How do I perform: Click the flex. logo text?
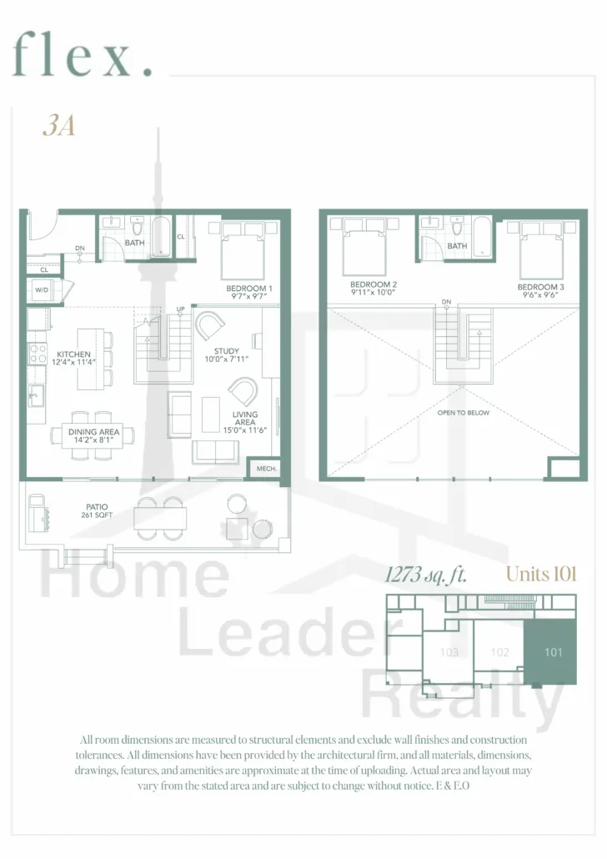coord(83,54)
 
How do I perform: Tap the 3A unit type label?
coord(58,126)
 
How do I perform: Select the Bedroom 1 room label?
coord(249,289)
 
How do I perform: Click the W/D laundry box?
coord(42,289)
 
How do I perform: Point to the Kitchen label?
coord(73,354)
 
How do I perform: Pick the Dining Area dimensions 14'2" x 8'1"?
coord(93,440)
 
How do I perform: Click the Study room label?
coord(226,351)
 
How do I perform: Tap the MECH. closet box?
coord(266,469)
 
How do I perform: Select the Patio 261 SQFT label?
coord(97,510)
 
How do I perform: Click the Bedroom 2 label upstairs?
coord(374,284)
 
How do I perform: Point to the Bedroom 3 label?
coord(540,287)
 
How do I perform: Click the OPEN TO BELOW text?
coord(464,413)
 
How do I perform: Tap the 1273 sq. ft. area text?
coord(426,575)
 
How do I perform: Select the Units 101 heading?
coord(541,574)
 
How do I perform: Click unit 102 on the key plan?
coord(499,652)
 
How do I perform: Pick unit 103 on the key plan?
coord(449,652)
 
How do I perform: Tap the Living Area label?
coord(245,418)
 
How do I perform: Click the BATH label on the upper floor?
coord(457,247)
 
